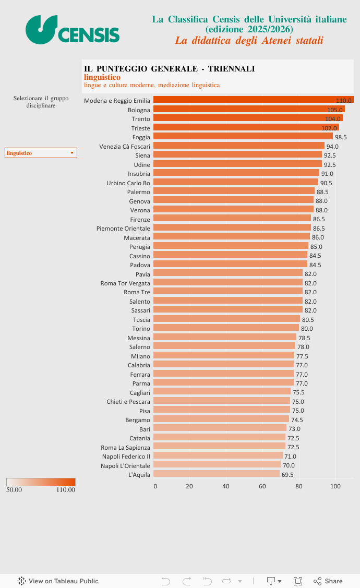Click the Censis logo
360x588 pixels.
click(x=73, y=29)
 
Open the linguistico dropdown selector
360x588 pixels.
click(x=41, y=153)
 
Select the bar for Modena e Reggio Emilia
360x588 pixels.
click(x=253, y=100)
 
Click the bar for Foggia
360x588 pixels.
click(x=243, y=137)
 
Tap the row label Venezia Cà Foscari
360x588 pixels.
click(x=125, y=147)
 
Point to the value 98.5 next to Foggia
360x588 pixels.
click(x=341, y=137)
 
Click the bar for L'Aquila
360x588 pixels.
click(x=217, y=474)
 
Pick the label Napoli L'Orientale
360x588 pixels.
click(x=125, y=466)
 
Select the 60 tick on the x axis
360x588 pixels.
click(x=262, y=486)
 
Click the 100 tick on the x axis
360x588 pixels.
click(x=335, y=486)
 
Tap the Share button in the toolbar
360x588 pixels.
click(x=328, y=581)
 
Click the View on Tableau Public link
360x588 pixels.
click(x=58, y=581)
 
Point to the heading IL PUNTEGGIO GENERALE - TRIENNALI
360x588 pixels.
click(x=170, y=69)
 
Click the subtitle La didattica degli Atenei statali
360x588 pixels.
click(x=249, y=40)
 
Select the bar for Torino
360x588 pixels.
click(x=226, y=328)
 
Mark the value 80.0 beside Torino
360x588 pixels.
click(x=307, y=329)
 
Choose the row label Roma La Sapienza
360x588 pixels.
click(x=125, y=448)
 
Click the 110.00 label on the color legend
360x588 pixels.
click(x=66, y=490)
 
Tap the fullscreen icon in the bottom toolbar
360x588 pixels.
click(x=298, y=581)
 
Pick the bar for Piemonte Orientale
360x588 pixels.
click(x=232, y=228)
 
